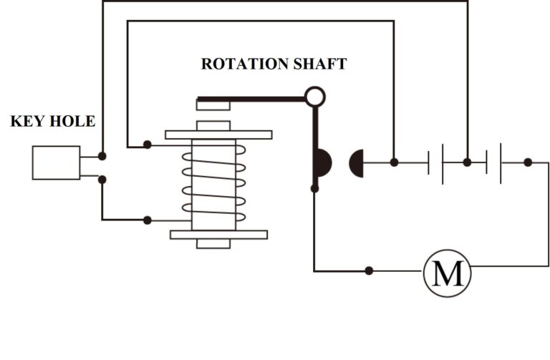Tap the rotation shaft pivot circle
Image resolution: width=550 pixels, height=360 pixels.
pos(315,96)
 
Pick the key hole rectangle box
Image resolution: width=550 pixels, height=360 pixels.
pos(56,162)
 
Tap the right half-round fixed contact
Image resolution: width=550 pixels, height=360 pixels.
pos(357,163)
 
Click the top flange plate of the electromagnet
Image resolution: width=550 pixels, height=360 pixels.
pos(218,135)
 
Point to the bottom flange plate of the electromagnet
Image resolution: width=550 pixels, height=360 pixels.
pos(218,234)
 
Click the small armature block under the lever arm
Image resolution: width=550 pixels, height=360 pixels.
pos(213,106)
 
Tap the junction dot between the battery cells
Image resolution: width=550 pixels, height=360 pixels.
pos(467,162)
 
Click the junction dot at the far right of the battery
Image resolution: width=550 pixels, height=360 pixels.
pos(528,162)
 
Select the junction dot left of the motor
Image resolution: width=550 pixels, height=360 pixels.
pos(369,271)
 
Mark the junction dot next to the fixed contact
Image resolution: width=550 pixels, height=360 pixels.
pos(394,162)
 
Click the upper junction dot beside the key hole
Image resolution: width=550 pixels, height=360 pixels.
pos(102,155)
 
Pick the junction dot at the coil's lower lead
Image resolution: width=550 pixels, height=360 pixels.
pos(148,220)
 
